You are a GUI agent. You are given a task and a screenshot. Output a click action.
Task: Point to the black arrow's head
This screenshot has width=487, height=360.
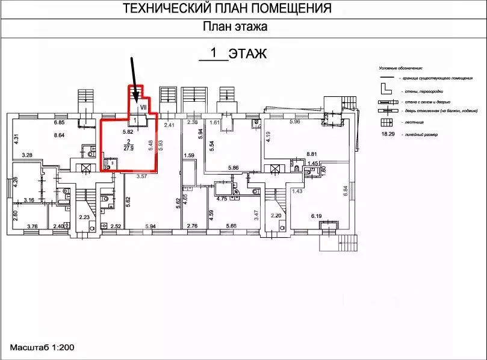pyautogui.click(x=137, y=99)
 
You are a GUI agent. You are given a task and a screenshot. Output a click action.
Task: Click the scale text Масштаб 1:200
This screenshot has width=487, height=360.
pyautogui.click(x=42, y=348)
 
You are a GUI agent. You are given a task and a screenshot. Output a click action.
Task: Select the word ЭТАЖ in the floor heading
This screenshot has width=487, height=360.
pyautogui.click(x=247, y=54)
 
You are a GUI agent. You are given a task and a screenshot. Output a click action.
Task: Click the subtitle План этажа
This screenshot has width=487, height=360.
pyautogui.click(x=235, y=26)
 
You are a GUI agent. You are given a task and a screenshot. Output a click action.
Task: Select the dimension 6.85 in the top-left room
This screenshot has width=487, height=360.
pyautogui.click(x=59, y=123)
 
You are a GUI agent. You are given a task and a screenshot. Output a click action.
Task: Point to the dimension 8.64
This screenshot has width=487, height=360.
pyautogui.click(x=59, y=136)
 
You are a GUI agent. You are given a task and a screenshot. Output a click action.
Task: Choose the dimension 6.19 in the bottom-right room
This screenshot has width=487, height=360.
pyautogui.click(x=317, y=215)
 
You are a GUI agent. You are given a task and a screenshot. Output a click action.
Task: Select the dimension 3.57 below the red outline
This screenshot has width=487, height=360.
pyautogui.click(x=141, y=176)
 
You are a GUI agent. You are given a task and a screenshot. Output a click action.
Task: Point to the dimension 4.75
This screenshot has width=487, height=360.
pyautogui.click(x=220, y=198)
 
